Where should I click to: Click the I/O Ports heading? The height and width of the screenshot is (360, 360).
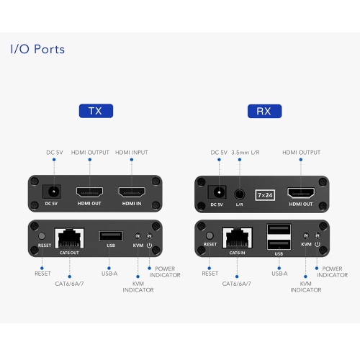click(x=37, y=50)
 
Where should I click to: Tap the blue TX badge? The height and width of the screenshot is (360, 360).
click(x=95, y=111)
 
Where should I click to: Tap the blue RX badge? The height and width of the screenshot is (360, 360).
click(x=264, y=111)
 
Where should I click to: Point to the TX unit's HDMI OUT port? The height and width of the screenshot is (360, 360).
click(x=89, y=193)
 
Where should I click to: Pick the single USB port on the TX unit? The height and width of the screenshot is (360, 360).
click(x=110, y=235)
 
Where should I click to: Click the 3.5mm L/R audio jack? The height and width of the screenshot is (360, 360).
click(x=239, y=194)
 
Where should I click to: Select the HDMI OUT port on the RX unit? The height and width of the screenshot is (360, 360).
click(x=301, y=194)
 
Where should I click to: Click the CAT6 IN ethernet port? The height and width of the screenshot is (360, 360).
click(x=237, y=236)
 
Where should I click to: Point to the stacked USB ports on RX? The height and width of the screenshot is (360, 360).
click(x=279, y=237)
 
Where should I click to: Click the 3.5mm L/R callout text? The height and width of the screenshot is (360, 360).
click(x=247, y=153)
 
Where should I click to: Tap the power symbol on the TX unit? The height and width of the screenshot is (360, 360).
click(x=149, y=246)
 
